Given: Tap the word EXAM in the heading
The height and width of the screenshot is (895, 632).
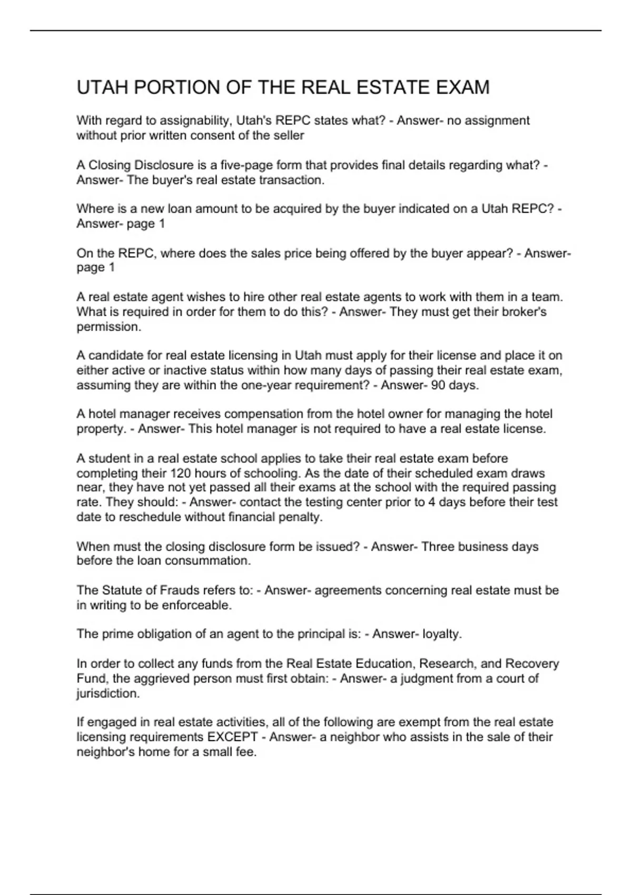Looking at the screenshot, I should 462,87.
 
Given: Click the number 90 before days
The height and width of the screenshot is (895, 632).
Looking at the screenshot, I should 438,385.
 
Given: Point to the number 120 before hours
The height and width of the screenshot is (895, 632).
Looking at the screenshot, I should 180,473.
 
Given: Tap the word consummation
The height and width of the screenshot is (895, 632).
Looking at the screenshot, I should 208,561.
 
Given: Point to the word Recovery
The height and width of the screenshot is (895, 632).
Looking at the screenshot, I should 532,663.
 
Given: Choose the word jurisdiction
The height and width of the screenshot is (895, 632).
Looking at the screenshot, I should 108,693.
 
